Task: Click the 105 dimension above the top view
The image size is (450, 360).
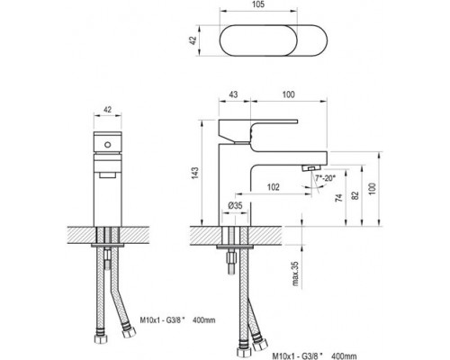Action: [x=258, y=4]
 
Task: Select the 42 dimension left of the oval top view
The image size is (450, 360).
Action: [x=193, y=40]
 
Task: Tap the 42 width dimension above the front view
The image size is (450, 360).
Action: [x=107, y=110]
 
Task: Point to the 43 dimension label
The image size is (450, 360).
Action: [x=233, y=94]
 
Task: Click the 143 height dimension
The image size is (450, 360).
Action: [x=194, y=174]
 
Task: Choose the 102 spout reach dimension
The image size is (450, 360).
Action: [x=273, y=187]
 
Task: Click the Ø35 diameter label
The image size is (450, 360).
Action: [x=235, y=205]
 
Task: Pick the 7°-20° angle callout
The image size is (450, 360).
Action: [x=325, y=178]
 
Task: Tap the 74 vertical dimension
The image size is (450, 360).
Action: [x=339, y=198]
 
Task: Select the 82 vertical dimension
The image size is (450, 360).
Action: [x=355, y=195]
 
